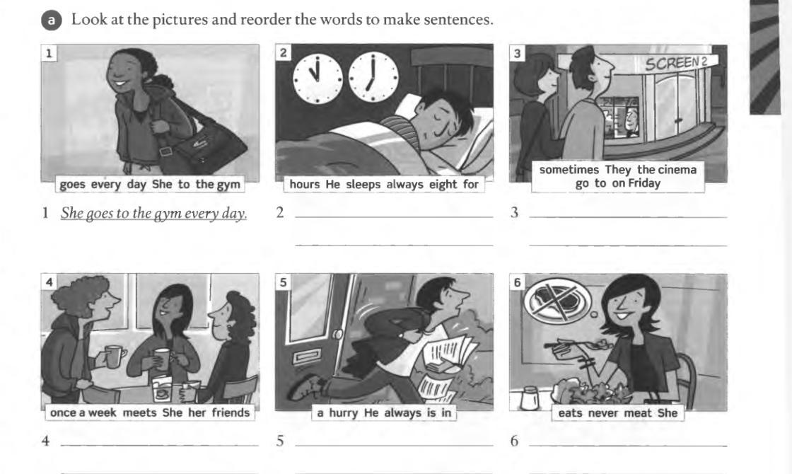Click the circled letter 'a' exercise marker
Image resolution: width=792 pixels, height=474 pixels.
(51, 21)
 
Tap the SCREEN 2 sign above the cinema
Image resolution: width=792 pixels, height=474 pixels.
(675, 63)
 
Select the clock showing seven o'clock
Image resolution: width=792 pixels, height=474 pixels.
(373, 78)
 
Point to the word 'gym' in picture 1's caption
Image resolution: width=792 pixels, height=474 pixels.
(228, 185)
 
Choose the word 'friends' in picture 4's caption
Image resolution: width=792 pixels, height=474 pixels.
(231, 413)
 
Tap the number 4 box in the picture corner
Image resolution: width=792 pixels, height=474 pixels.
(49, 282)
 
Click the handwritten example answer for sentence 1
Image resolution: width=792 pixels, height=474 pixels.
(153, 214)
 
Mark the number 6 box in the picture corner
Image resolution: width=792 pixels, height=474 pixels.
(517, 282)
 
